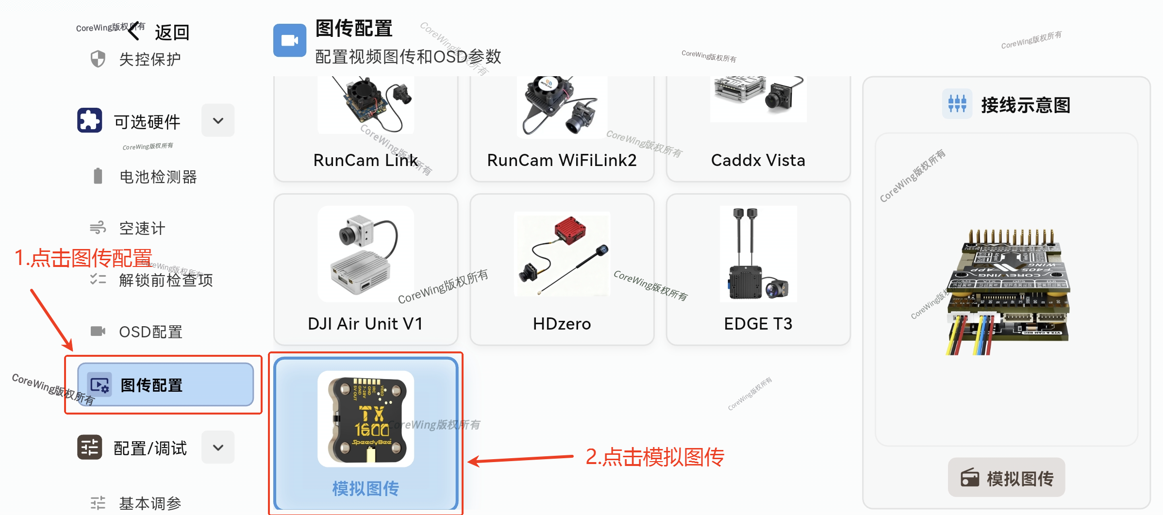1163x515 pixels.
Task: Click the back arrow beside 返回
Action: coord(134,32)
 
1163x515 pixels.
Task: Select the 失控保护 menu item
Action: coord(150,59)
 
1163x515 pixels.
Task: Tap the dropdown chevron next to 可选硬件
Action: coord(218,120)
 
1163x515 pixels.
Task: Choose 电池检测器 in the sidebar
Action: coord(158,177)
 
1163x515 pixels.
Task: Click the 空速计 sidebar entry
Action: coord(142,228)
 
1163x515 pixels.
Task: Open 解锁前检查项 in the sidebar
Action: coord(166,280)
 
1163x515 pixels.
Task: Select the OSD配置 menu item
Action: coord(150,332)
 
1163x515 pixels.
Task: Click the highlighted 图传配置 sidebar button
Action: coord(165,385)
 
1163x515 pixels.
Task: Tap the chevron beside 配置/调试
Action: coord(218,447)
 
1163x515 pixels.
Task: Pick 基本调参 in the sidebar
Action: coord(150,503)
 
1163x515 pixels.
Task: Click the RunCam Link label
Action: coord(366,160)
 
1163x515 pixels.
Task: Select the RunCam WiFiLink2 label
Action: coord(562,160)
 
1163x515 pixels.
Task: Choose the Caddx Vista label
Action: coord(758,160)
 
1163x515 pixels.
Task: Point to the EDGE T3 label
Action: coord(758,324)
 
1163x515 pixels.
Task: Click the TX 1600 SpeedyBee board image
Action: coord(366,419)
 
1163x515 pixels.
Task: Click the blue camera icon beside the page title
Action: coord(290,40)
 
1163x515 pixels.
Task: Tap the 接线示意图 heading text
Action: coord(1025,105)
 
